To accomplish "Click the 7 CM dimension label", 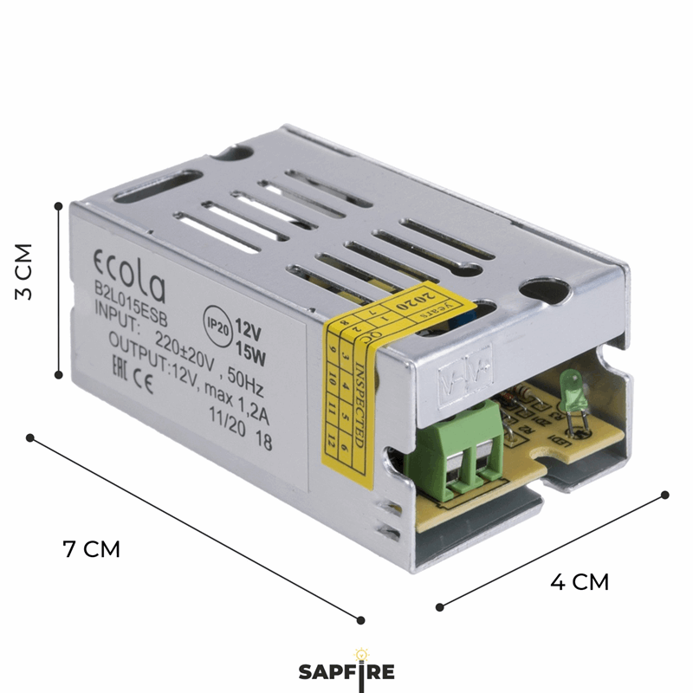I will tap(91, 549).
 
